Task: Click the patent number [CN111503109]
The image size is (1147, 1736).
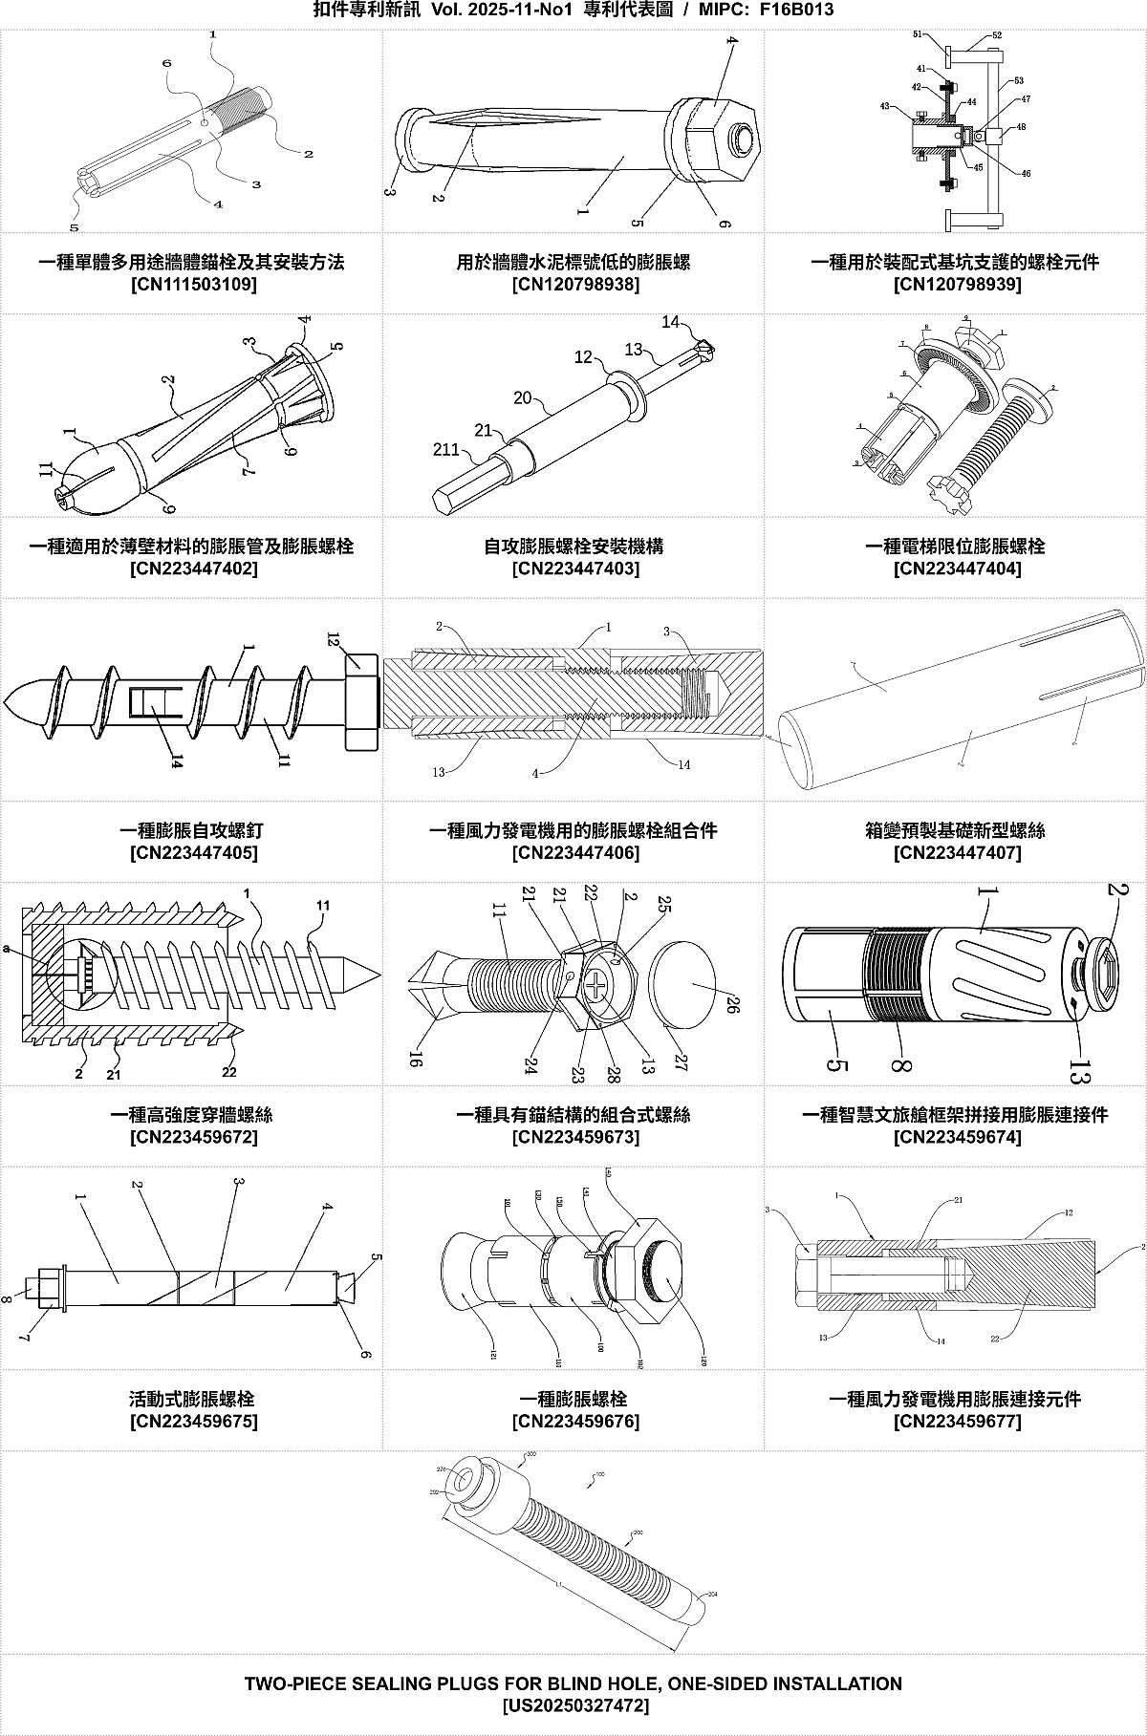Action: [193, 285]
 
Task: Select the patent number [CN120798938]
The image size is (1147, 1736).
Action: [575, 285]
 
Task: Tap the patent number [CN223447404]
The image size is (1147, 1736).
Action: [957, 568]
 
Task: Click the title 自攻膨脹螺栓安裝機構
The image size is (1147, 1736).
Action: [573, 547]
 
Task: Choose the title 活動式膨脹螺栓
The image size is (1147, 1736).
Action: [193, 1399]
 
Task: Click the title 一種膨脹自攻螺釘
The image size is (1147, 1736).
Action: [193, 830]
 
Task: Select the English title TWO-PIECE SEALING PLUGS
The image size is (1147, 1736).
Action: [573, 1683]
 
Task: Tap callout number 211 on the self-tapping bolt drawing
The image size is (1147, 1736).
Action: [446, 449]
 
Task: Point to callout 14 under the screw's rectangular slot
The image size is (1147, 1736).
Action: [176, 761]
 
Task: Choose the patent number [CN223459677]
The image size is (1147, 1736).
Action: [957, 1422]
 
